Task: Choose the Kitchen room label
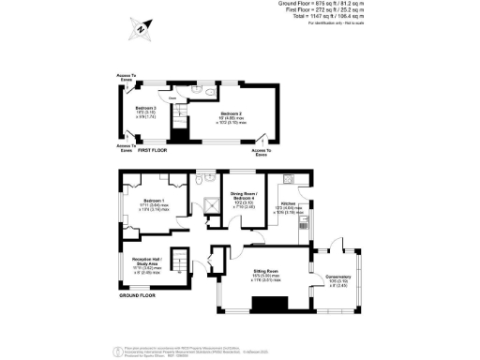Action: click(x=286, y=203)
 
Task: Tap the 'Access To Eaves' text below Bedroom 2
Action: click(x=262, y=151)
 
